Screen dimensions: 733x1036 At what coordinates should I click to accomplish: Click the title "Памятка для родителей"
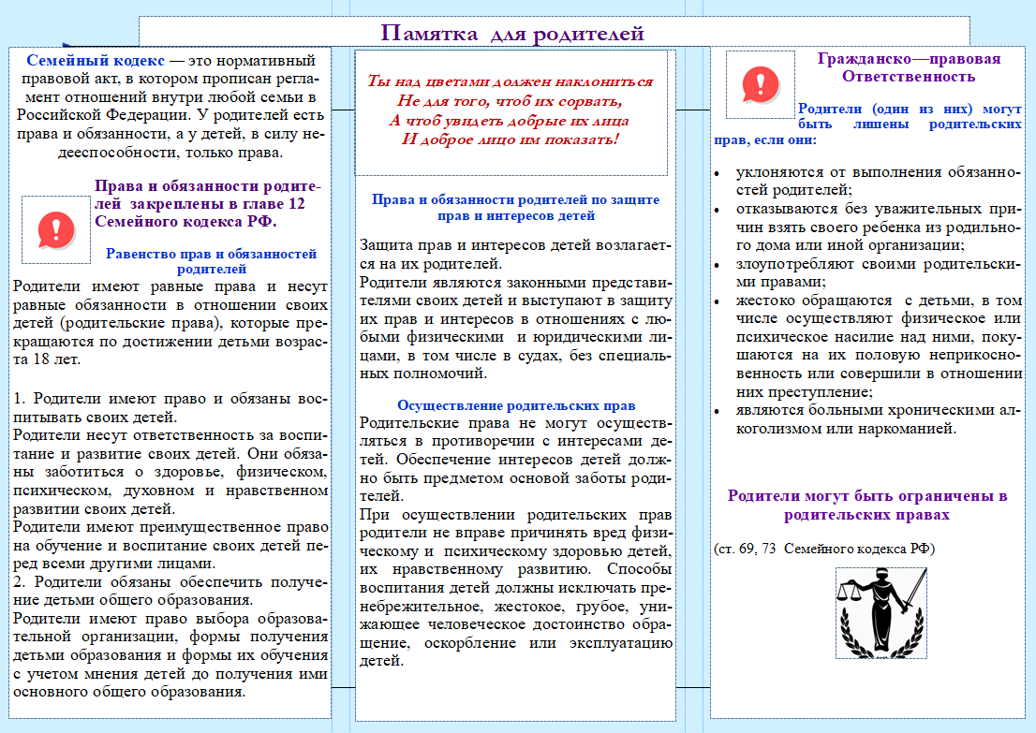click(x=512, y=35)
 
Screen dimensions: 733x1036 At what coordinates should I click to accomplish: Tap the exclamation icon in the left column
click(x=57, y=227)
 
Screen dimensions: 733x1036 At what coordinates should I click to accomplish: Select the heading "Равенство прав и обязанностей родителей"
click(x=211, y=261)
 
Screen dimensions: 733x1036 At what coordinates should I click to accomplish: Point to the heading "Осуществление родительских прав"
click(x=516, y=405)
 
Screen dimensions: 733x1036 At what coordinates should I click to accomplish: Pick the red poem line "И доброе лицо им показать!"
click(x=511, y=139)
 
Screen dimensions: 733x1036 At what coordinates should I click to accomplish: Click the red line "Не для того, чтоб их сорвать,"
click(x=511, y=101)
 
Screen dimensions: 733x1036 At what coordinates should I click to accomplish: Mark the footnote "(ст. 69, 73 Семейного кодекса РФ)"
click(x=824, y=548)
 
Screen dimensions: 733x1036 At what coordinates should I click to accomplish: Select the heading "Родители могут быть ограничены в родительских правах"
click(x=867, y=505)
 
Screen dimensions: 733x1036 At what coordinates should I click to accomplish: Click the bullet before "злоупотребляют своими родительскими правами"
click(x=717, y=265)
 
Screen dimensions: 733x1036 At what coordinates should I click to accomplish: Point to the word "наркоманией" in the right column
click(x=909, y=430)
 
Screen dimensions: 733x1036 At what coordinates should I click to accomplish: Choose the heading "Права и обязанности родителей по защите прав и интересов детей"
click(x=515, y=207)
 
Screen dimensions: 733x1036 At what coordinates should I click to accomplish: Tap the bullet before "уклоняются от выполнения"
click(x=717, y=174)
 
